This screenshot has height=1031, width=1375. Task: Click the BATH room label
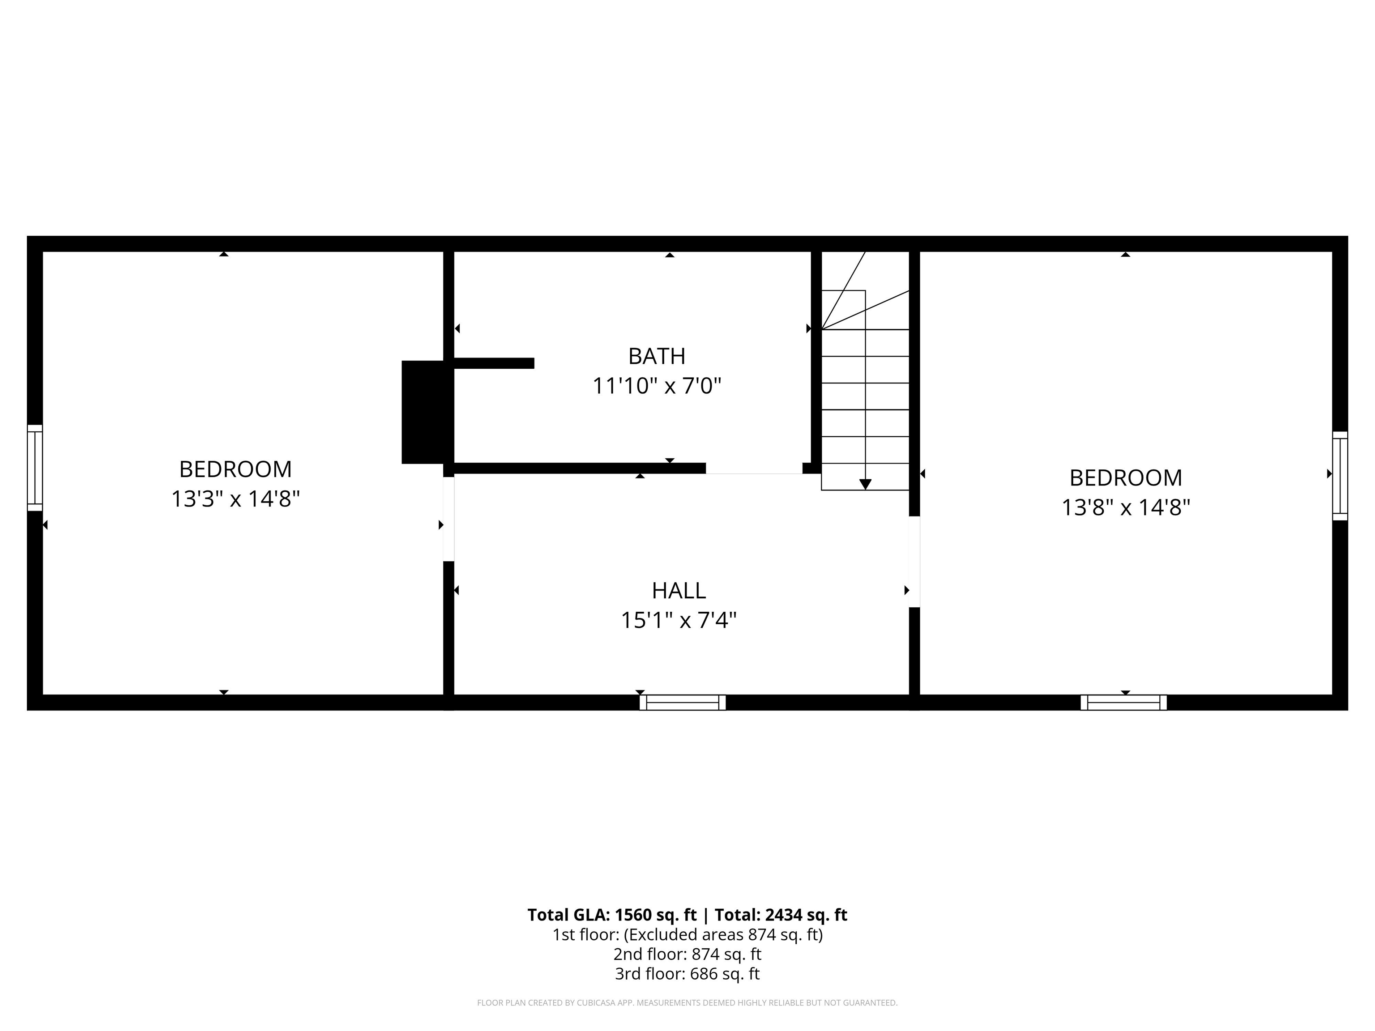click(x=657, y=356)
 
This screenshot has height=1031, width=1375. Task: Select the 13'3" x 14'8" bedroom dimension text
click(x=235, y=498)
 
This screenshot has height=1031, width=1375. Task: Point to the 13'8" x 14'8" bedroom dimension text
click(x=1125, y=508)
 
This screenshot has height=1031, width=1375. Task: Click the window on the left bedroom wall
click(x=35, y=468)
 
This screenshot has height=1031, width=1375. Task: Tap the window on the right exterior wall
click(x=1340, y=475)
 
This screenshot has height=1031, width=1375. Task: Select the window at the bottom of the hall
click(x=683, y=702)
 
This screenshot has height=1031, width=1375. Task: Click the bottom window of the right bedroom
click(x=1123, y=702)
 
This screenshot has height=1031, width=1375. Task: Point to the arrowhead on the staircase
click(x=865, y=484)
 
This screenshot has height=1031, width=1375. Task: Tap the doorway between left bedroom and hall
click(x=448, y=519)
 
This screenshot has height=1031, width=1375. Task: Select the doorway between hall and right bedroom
click(x=914, y=561)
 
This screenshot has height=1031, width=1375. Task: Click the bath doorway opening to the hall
click(x=753, y=469)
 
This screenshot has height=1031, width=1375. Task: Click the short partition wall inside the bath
click(x=494, y=363)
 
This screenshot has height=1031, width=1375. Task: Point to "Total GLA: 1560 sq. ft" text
click(x=612, y=915)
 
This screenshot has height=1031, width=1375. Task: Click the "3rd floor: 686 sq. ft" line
click(x=687, y=973)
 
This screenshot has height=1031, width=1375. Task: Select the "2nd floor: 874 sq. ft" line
click(x=687, y=954)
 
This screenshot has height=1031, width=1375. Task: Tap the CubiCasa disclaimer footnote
click(x=687, y=1002)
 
